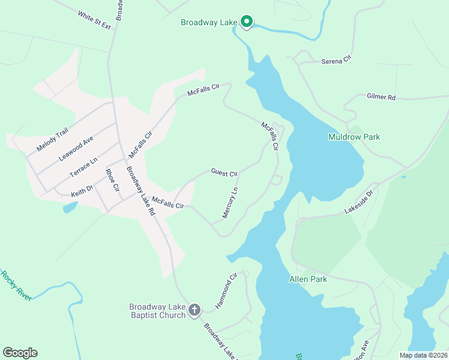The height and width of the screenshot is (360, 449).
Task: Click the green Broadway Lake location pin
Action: [x=246, y=22]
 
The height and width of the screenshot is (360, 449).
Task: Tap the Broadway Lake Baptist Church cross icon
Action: [x=194, y=310]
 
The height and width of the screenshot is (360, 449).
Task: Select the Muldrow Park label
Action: [x=354, y=137]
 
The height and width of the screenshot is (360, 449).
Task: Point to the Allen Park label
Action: [x=308, y=279]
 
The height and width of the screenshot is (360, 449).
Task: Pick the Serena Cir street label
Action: [x=336, y=61]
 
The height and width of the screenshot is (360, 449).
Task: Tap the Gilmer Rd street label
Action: [x=381, y=97]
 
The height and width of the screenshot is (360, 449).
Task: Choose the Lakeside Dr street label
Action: [x=359, y=202]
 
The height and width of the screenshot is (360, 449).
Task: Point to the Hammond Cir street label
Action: [x=227, y=290]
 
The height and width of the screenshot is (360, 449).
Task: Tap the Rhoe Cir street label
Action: [x=112, y=180]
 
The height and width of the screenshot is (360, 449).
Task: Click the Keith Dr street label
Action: [x=82, y=190]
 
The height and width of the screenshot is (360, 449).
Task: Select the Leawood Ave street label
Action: [x=76, y=148]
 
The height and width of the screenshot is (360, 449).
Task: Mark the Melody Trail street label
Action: [x=53, y=141]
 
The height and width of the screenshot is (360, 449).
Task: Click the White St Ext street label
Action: [x=94, y=19]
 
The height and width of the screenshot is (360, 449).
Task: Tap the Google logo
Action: [x=20, y=353]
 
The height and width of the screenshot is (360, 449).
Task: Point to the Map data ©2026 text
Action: [x=423, y=355]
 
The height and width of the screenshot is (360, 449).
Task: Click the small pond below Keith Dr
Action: [x=70, y=208]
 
